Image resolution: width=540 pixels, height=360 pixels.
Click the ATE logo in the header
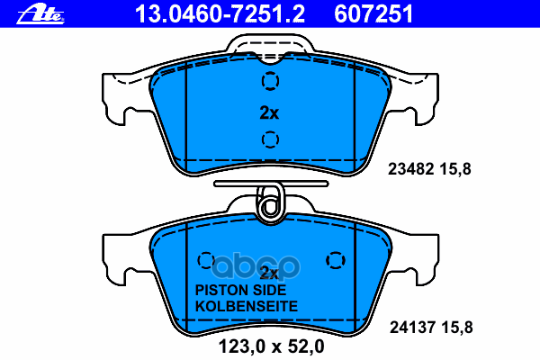40,14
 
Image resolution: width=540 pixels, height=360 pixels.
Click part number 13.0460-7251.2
220,14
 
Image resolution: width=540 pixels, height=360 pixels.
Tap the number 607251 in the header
373,14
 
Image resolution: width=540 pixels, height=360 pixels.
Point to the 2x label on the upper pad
269,112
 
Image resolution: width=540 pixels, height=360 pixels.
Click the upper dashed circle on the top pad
270,81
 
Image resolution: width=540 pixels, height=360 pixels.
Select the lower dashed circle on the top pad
270,139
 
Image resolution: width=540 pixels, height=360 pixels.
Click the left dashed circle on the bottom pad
206,260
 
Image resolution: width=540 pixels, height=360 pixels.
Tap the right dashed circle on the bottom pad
336,260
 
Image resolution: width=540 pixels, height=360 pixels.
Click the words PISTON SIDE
240,290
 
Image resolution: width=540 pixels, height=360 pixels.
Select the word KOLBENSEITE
247,306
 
